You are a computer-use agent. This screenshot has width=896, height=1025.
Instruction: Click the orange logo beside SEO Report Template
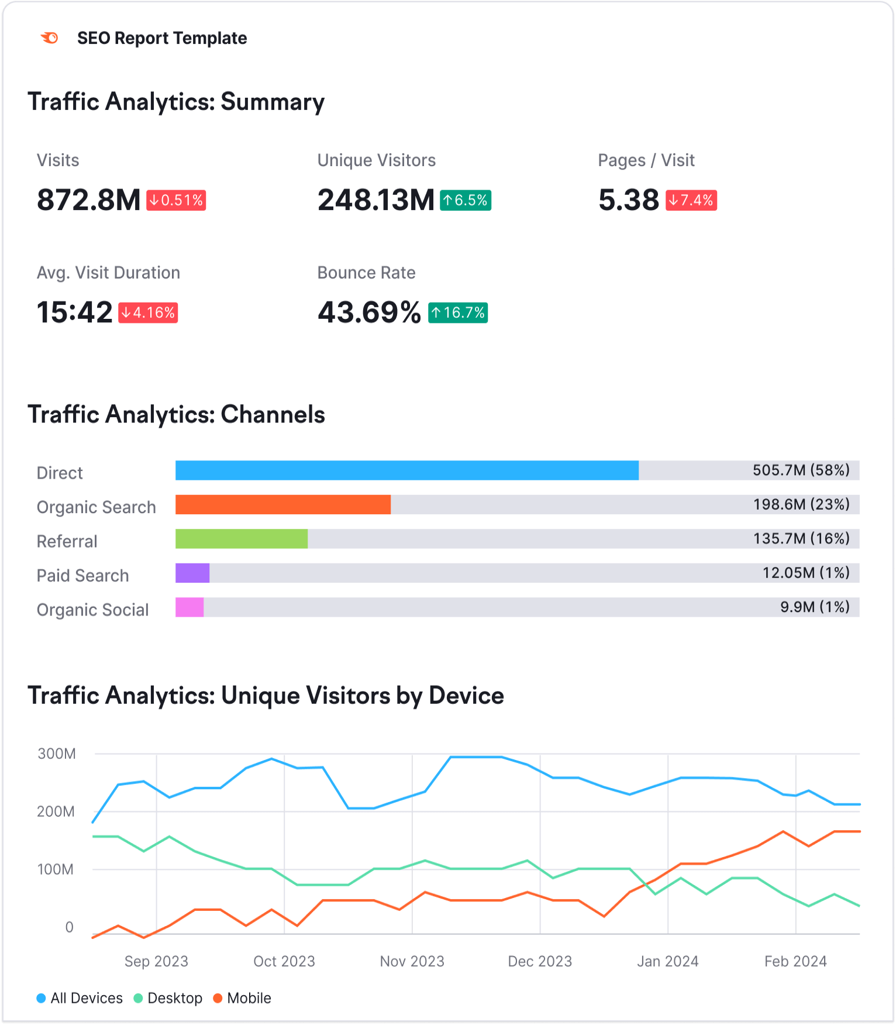click(50, 38)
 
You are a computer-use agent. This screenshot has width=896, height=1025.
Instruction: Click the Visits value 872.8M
click(89, 200)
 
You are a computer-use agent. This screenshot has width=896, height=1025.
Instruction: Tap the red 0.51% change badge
click(176, 200)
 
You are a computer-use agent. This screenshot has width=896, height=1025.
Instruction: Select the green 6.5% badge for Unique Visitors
click(466, 200)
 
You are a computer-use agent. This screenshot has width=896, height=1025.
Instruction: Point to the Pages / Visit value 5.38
click(629, 200)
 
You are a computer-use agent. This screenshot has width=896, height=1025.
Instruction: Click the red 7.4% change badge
click(691, 200)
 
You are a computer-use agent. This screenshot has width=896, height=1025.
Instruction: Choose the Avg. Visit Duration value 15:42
click(74, 312)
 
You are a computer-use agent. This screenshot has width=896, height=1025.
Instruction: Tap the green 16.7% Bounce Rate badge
click(458, 312)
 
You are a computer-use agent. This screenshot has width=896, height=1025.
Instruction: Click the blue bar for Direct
click(407, 470)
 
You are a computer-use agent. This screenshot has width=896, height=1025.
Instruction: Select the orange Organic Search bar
click(283, 505)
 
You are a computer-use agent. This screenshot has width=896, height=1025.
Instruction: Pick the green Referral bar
click(242, 539)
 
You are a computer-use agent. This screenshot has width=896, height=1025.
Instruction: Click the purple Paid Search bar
click(192, 573)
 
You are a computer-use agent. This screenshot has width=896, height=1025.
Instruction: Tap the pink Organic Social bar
click(189, 607)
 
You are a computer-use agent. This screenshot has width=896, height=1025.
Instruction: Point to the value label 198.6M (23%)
click(801, 504)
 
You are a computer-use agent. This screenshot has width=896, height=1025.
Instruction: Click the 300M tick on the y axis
click(57, 754)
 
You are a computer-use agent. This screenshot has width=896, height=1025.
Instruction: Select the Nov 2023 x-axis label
click(412, 961)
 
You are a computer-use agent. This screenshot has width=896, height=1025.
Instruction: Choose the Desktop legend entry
click(168, 998)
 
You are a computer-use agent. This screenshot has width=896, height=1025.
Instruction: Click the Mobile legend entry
click(242, 998)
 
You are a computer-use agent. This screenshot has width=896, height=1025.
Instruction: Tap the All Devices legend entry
click(80, 998)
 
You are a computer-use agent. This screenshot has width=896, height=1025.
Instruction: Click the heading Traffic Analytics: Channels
click(177, 414)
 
